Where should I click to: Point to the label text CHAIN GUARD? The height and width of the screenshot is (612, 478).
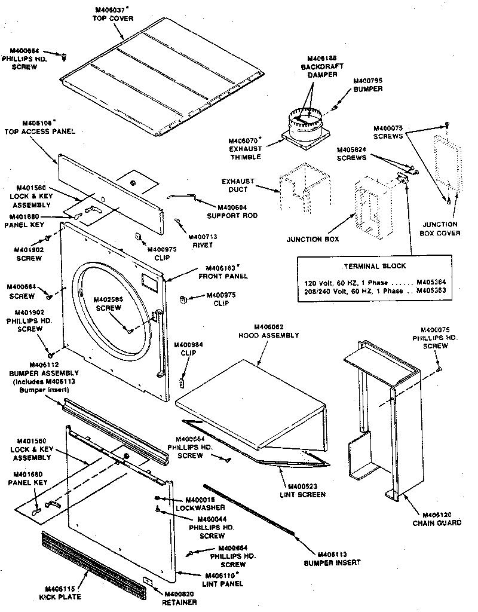tap(437, 523)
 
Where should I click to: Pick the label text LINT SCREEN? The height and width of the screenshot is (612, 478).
tap(307, 494)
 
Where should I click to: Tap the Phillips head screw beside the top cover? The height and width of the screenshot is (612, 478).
tap(64, 56)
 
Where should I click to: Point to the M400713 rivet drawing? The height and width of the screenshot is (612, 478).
tap(178, 222)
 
